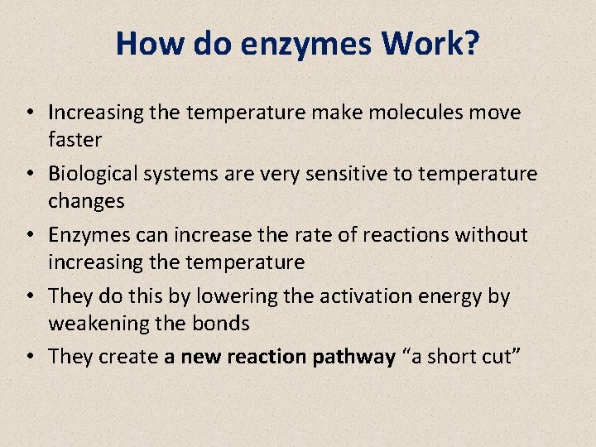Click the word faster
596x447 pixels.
point(74,139)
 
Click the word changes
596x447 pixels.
point(86,201)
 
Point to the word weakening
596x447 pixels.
point(94,324)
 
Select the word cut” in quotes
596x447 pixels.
point(500,358)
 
